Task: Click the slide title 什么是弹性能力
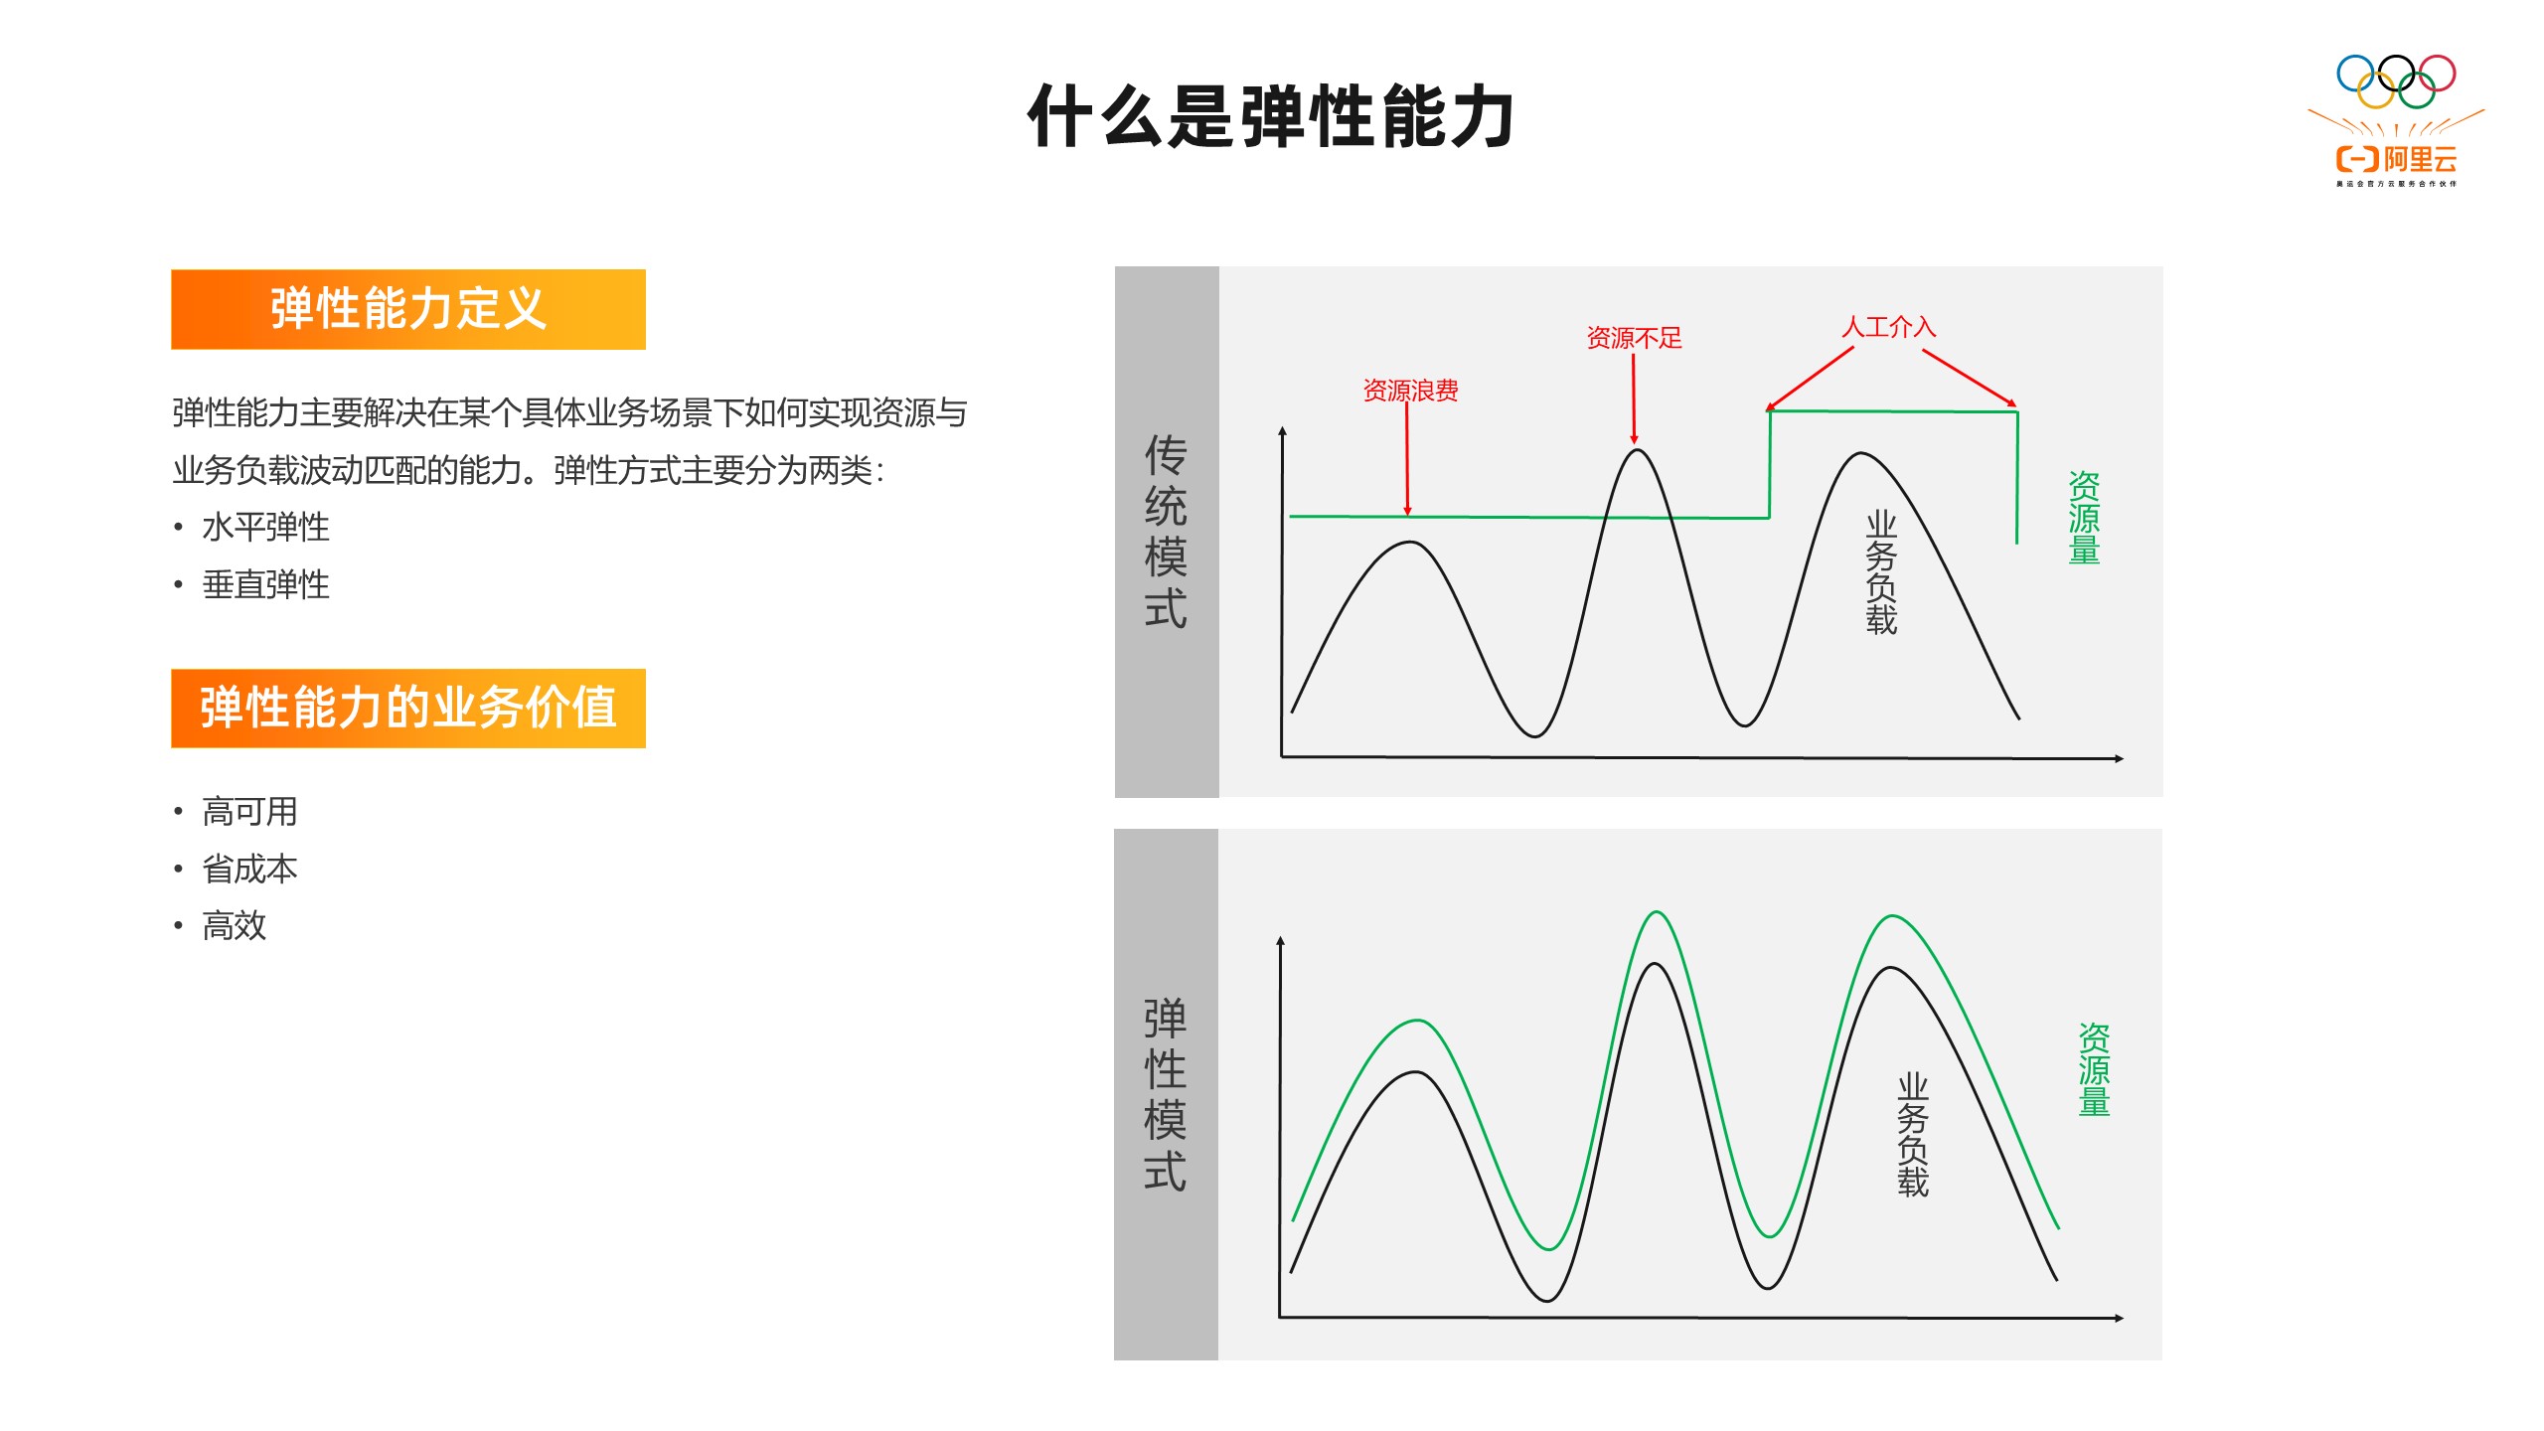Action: click(1271, 116)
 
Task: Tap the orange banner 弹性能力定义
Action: click(408, 309)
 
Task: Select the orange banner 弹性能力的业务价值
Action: click(408, 709)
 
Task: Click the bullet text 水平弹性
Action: click(265, 527)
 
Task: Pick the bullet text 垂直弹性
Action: click(265, 584)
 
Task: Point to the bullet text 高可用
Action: click(249, 812)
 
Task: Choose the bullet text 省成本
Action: click(249, 869)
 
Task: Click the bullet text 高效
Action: click(235, 925)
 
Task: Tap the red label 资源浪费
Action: click(1410, 391)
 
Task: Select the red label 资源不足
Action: click(1634, 338)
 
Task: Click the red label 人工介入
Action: click(1888, 327)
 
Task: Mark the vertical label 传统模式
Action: click(1166, 532)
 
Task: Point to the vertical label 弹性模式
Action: click(1165, 1094)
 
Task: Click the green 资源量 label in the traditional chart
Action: click(2084, 518)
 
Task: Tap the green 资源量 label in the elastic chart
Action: click(2094, 1070)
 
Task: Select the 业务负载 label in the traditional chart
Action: click(1881, 573)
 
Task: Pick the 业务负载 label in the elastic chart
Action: click(1913, 1135)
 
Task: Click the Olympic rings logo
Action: click(2396, 81)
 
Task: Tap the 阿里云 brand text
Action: click(2421, 159)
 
